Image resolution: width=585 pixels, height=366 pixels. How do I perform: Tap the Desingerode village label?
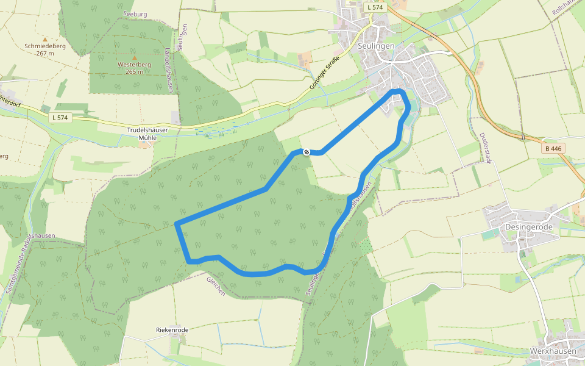pyautogui.click(x=529, y=227)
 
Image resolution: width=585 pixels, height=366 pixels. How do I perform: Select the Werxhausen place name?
pyautogui.click(x=552, y=351)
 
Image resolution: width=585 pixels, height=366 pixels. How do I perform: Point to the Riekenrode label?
pyautogui.click(x=172, y=330)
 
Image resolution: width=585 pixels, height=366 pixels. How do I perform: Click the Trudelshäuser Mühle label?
pyautogui.click(x=147, y=134)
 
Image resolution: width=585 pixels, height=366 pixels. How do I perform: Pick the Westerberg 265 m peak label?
pyautogui.click(x=134, y=68)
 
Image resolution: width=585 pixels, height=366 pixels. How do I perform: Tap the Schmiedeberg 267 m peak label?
pyautogui.click(x=44, y=49)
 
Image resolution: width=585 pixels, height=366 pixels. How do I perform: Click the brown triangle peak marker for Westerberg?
pyautogui.click(x=134, y=57)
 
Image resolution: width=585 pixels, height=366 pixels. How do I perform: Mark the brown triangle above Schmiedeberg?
pyautogui.click(x=44, y=39)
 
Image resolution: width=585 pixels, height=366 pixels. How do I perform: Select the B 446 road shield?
pyautogui.click(x=554, y=148)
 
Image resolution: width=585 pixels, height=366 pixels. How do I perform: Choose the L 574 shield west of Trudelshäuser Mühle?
pyautogui.click(x=59, y=117)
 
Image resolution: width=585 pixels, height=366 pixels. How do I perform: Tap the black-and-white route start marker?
pyautogui.click(x=307, y=152)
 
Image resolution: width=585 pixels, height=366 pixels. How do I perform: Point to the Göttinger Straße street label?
pyautogui.click(x=324, y=73)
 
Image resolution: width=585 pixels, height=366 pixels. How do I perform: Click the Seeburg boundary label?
pyautogui.click(x=135, y=13)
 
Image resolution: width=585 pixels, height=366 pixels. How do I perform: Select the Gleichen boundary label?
pyautogui.click(x=216, y=285)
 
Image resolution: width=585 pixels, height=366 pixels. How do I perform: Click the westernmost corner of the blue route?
pyautogui.click(x=176, y=224)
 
